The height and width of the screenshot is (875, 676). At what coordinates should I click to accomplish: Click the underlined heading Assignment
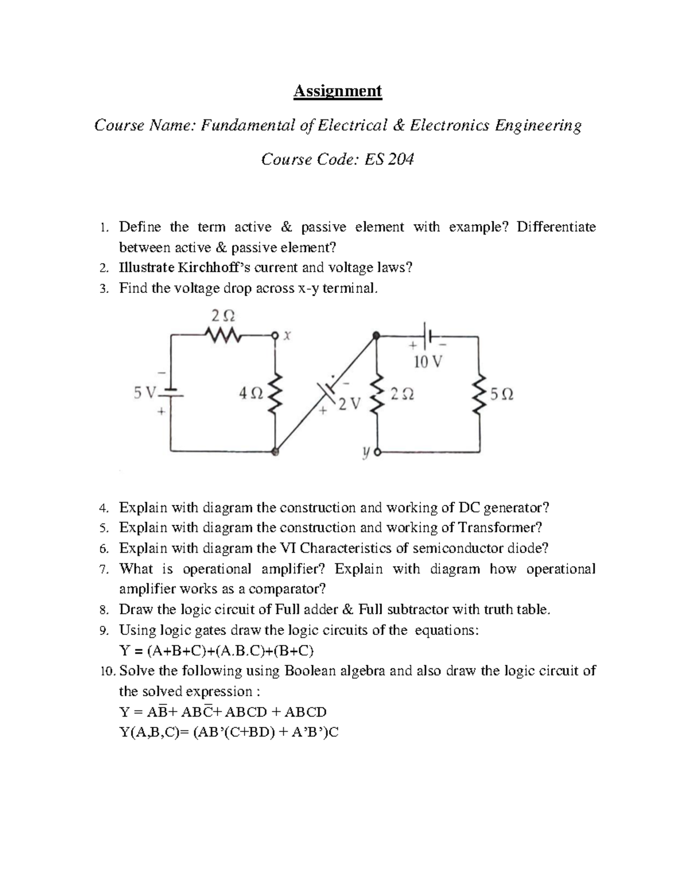tap(337, 91)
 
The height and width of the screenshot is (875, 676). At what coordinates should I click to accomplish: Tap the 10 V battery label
tap(428, 362)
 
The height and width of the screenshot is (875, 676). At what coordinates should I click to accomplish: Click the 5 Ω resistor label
tap(501, 395)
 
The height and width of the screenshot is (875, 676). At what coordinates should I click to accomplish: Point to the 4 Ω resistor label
tap(250, 394)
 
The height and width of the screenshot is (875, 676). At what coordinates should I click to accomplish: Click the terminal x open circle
tap(275, 336)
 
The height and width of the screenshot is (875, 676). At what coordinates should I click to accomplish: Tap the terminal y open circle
tap(377, 452)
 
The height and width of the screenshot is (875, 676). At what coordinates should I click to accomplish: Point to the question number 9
tap(103, 630)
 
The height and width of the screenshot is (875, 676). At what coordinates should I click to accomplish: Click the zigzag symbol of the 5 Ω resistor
tap(480, 395)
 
